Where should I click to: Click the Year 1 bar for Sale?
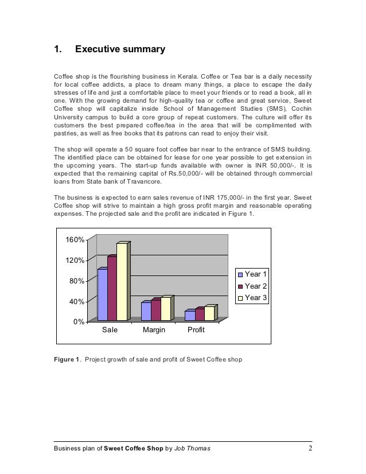pos(102,294)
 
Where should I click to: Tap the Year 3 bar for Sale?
pos(122,282)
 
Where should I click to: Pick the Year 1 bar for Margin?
pos(146,311)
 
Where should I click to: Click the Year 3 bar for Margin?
pos(165,309)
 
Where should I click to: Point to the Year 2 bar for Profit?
pos(199,314)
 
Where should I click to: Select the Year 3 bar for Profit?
pos(209,313)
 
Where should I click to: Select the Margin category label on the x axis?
pos(154,331)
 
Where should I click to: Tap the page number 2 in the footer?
pos(310,448)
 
